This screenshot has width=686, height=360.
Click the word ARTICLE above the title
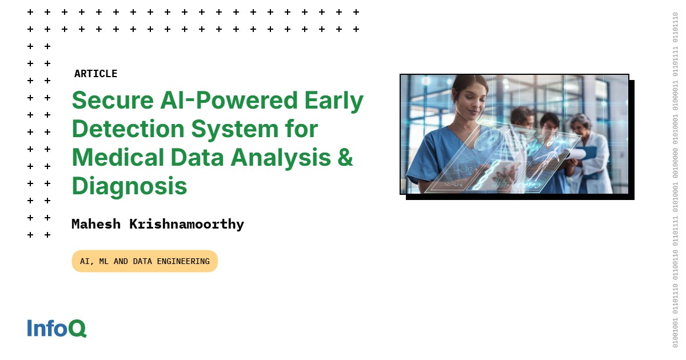[x=95, y=74]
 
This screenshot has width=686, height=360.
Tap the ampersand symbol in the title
[x=345, y=157]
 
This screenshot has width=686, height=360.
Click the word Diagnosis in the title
[x=130, y=186]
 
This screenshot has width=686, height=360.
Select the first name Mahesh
[x=96, y=224]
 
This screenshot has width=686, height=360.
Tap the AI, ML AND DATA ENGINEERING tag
[x=145, y=261]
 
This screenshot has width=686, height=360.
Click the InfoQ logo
[x=57, y=328]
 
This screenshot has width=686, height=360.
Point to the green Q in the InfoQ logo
[x=77, y=329]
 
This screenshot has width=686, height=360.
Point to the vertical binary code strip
[x=675, y=180]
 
